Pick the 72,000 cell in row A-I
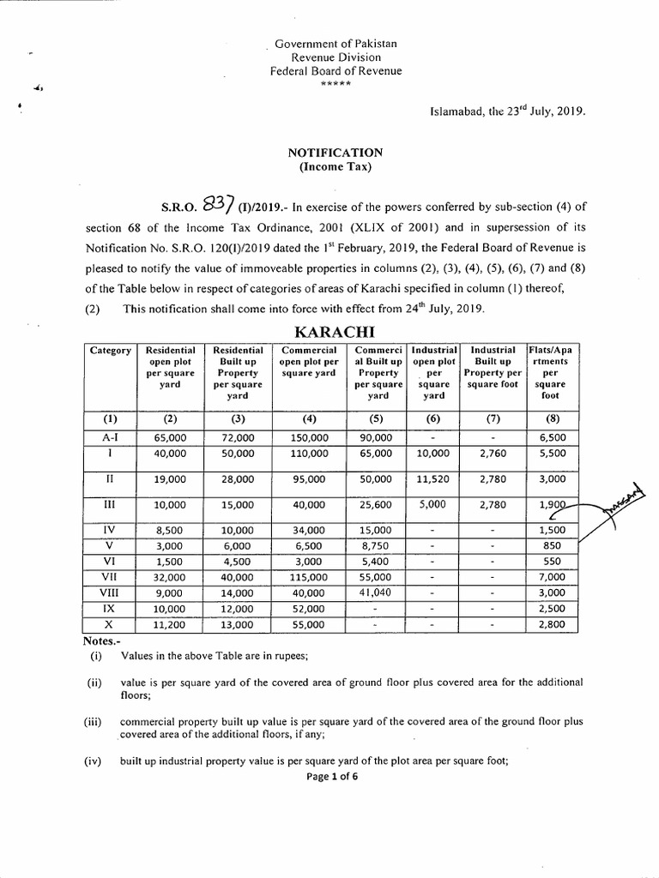[238, 436]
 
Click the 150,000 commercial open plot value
[309, 436]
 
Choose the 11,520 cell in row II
[433, 478]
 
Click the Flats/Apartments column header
[549, 373]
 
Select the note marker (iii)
[94, 722]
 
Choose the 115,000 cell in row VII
[309, 577]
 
